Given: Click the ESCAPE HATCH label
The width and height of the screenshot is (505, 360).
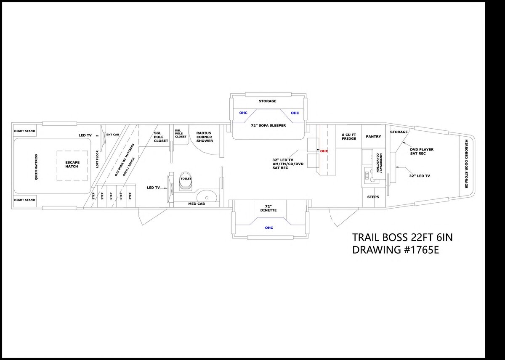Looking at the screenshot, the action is [72, 164].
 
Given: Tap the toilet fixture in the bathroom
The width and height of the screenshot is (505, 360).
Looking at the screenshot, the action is [186, 182].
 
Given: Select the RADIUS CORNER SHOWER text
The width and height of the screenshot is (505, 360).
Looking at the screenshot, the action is [205, 137].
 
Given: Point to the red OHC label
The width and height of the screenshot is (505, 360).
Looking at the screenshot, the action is [324, 151].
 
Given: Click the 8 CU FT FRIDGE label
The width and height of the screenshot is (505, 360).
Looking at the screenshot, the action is [349, 137].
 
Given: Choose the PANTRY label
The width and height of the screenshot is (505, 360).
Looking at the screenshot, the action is [373, 137].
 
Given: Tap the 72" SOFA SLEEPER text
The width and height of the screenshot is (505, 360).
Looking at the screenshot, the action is [268, 125].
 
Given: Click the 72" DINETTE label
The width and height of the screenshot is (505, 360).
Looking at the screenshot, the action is [268, 208].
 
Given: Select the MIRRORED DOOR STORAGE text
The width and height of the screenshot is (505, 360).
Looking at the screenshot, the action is [466, 164].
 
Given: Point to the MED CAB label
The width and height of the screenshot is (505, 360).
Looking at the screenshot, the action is [197, 204].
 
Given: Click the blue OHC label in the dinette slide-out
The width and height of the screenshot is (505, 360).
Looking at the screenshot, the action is [269, 228].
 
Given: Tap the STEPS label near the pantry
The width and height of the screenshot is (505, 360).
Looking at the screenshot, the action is [373, 197].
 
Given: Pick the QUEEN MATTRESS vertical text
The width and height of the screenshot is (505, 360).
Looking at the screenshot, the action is [36, 167].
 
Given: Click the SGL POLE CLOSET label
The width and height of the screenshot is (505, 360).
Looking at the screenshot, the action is [161, 137].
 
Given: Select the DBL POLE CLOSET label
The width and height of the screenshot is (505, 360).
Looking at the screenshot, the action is [181, 134].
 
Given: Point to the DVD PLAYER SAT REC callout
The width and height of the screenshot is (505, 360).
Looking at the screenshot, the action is [422, 151].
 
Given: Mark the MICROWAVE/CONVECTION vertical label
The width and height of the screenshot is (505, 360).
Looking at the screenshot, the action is [379, 163].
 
